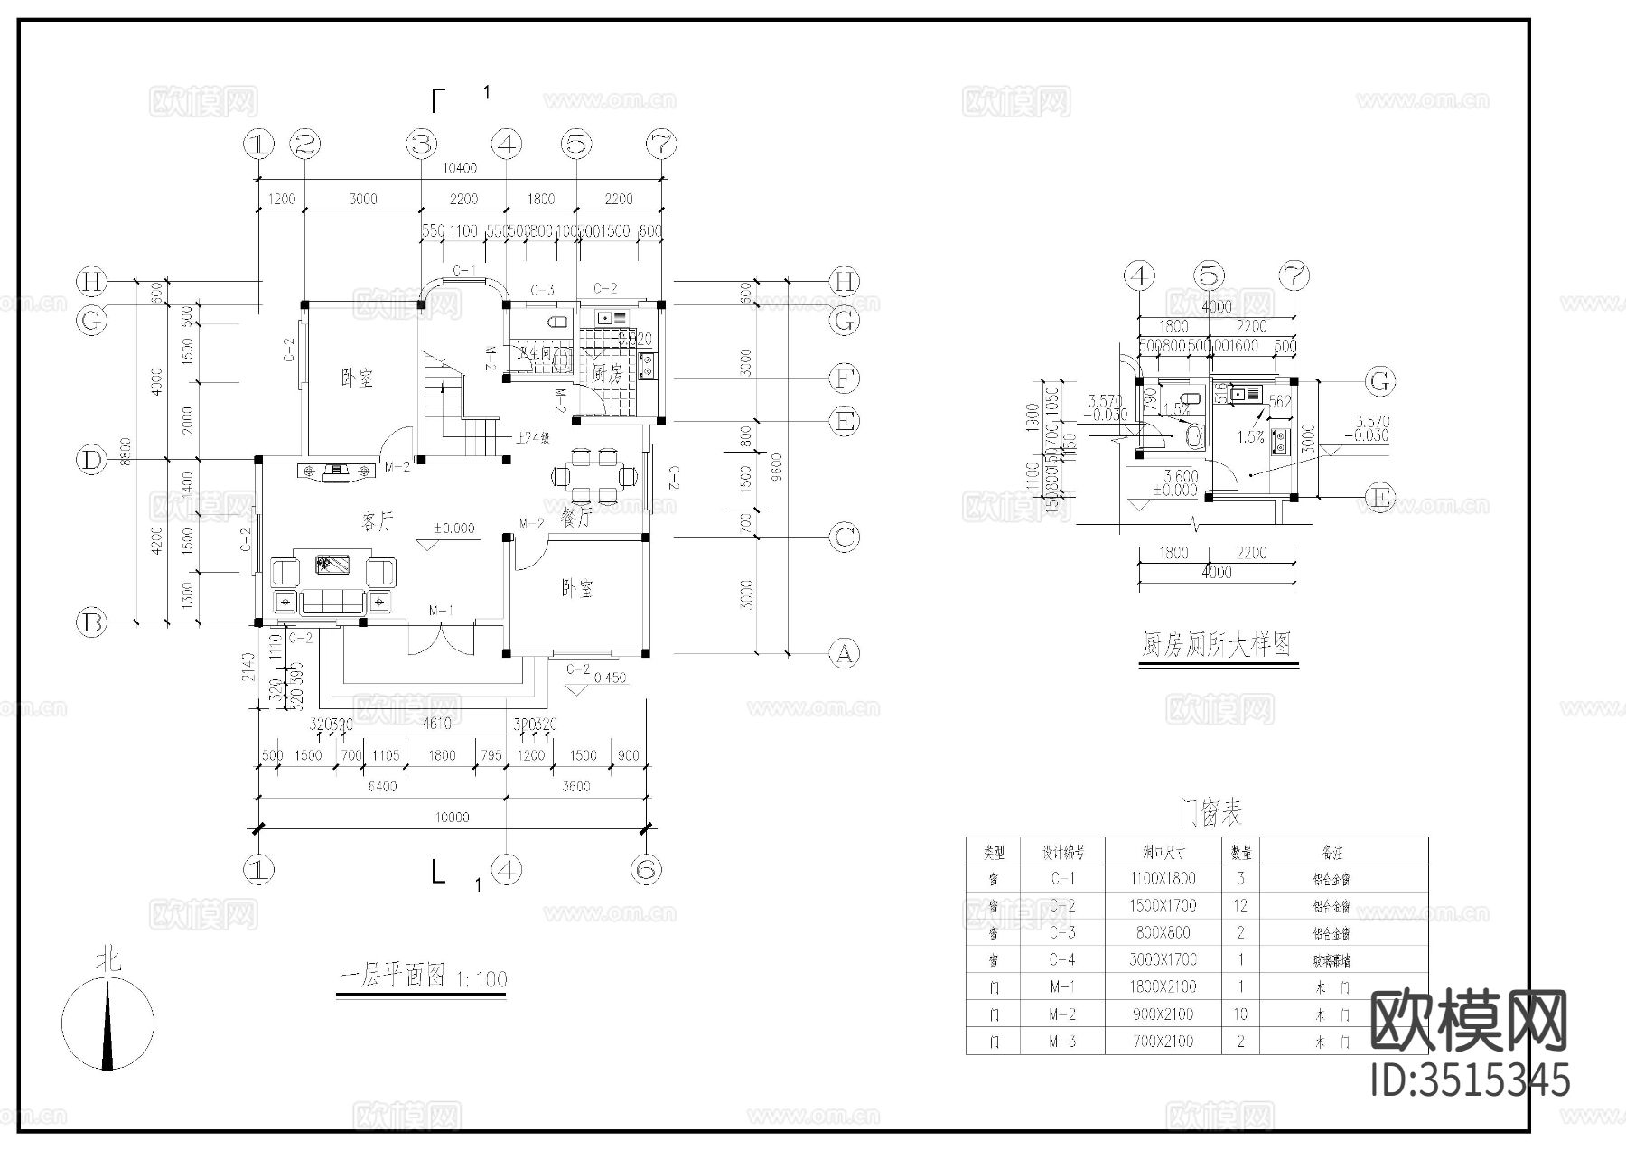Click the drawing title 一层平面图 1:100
[421, 977]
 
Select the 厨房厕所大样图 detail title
[1217, 645]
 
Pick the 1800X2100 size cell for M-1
[1162, 987]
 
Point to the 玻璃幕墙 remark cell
[1332, 960]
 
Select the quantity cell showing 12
[1240, 905]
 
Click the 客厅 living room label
[378, 521]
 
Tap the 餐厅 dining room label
[576, 517]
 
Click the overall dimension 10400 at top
[460, 168]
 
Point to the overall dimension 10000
[452, 818]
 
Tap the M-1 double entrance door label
[440, 611]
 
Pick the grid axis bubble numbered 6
[645, 870]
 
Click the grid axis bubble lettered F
[844, 378]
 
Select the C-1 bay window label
[463, 270]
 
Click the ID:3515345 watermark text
[1470, 1080]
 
